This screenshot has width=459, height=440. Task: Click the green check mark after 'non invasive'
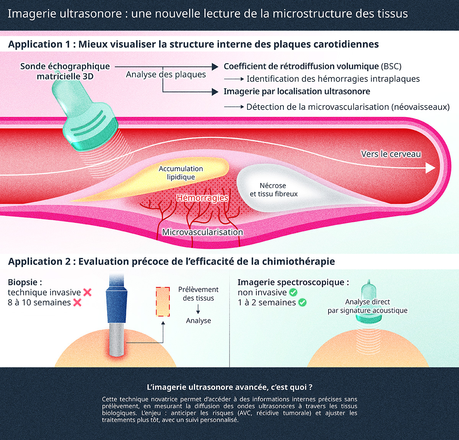[293, 292]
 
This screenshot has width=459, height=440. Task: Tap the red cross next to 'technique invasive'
[87, 292]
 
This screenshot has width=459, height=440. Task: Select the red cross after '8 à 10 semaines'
[77, 303]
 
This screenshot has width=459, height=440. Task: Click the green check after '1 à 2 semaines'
[302, 303]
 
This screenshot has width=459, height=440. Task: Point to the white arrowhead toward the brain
[431, 168]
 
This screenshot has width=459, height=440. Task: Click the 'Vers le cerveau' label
[391, 154]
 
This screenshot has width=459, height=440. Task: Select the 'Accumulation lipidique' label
[181, 173]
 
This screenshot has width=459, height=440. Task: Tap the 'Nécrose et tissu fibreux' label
[273, 190]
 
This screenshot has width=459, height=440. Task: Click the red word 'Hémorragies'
[202, 198]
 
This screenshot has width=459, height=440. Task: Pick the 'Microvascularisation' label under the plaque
[202, 232]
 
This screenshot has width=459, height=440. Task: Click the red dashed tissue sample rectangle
[163, 301]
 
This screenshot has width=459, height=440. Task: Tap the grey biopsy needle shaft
[117, 339]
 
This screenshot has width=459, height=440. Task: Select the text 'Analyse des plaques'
[166, 75]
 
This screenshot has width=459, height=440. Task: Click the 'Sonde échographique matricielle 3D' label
[65, 71]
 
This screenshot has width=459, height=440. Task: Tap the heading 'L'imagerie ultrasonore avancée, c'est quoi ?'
[229, 387]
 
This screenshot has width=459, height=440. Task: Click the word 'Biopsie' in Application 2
[23, 282]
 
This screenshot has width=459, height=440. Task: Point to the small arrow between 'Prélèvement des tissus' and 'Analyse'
[198, 309]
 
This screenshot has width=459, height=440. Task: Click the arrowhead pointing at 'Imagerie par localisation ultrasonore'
[215, 92]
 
